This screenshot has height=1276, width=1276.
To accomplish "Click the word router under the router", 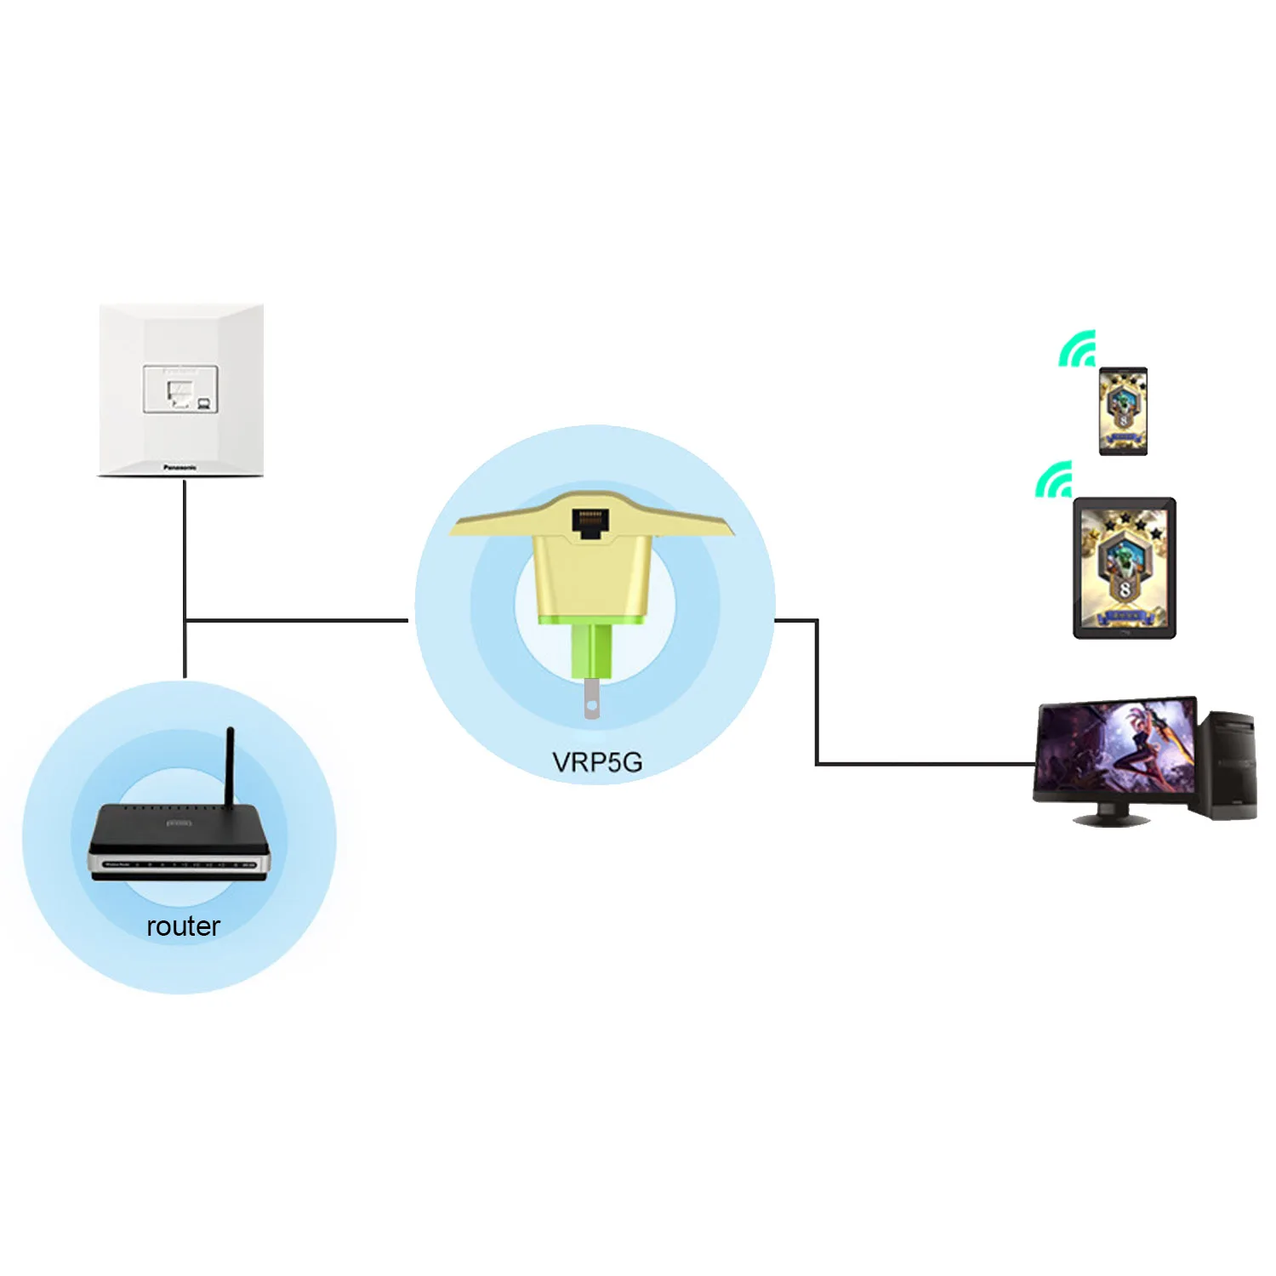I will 183,926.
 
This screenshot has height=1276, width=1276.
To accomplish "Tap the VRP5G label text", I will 597,762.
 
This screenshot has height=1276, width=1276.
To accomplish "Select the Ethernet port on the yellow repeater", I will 590,521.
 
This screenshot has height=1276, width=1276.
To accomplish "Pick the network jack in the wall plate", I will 180,390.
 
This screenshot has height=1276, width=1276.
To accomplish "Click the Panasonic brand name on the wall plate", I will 180,467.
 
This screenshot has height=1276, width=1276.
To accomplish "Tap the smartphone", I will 1123,411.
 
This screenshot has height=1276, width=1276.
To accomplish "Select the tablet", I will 1125,567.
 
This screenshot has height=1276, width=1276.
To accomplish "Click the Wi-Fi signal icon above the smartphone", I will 1078,350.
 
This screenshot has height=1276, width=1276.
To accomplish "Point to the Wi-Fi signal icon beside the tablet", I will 1055,480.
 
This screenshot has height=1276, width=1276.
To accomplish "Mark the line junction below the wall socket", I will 185,620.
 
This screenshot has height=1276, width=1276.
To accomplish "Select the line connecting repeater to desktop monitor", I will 817,698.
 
